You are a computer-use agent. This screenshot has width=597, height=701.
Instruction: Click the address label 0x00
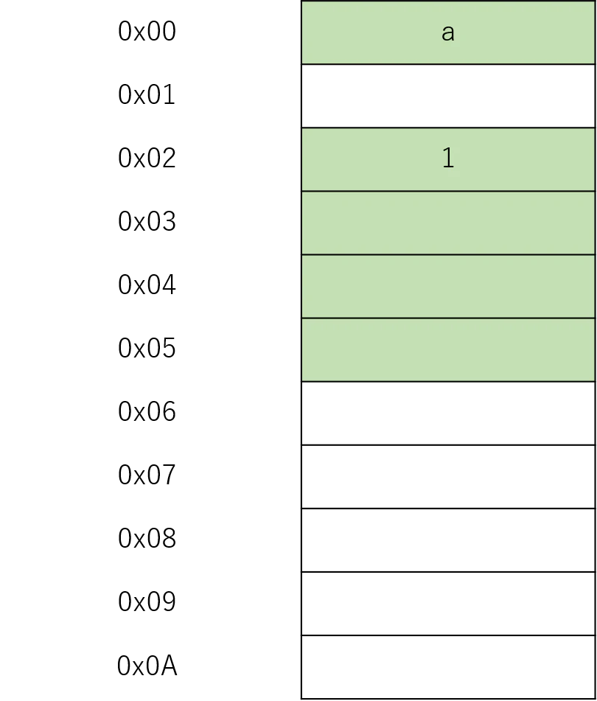coord(147,31)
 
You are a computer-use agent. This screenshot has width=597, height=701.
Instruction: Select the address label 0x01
coord(147,95)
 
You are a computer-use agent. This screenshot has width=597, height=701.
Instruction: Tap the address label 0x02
coord(147,158)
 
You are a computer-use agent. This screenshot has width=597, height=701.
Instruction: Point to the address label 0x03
coord(147,222)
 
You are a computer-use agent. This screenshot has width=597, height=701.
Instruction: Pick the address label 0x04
coord(147,285)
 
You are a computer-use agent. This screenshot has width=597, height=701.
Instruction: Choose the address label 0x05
coord(147,349)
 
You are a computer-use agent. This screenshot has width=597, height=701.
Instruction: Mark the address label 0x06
coord(147,412)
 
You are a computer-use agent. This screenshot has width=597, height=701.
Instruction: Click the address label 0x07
coord(147,475)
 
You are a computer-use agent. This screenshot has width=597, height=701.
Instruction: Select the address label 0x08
coord(147,539)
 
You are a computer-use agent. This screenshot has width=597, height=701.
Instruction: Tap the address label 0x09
coord(147,603)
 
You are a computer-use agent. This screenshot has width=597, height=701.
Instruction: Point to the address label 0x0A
coord(147,666)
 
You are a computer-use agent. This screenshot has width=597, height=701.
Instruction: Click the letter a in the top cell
coord(448,33)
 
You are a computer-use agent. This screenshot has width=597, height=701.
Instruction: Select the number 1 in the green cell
coord(448,158)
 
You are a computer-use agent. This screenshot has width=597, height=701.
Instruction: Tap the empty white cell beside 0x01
coord(448,96)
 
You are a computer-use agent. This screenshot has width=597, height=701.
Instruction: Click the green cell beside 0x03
coord(448,223)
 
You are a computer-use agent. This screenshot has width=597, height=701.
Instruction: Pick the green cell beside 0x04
coord(448,287)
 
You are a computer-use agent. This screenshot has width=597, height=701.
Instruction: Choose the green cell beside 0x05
coord(448,350)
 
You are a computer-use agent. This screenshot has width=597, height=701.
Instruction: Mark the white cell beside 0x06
coord(448,414)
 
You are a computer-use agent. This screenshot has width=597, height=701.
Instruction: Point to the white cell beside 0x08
coord(448,540)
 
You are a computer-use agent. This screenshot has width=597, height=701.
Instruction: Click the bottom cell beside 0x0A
coord(448,667)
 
